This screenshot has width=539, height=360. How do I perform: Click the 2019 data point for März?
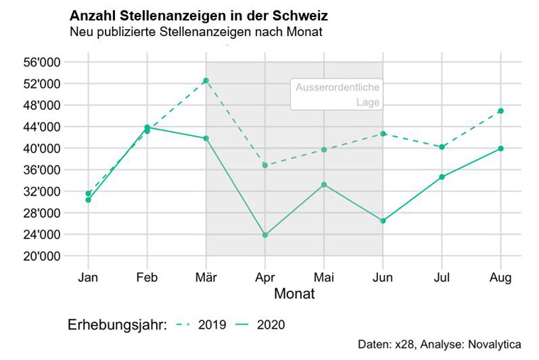[x=206, y=80]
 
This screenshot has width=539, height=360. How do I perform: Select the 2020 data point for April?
[x=265, y=235]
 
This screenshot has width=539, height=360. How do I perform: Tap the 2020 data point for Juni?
[x=383, y=221]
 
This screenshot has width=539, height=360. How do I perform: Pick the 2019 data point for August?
[x=501, y=111]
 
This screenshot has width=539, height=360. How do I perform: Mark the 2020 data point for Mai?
[x=324, y=184]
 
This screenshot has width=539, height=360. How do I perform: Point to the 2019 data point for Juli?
[x=442, y=147]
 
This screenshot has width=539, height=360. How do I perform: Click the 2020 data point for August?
[x=501, y=148]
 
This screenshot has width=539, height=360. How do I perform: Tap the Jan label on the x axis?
[x=88, y=276]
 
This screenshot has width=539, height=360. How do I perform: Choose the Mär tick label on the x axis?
[x=206, y=276]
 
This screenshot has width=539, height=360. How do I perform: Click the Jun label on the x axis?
[x=383, y=276]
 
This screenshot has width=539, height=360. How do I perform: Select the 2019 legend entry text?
[x=212, y=325]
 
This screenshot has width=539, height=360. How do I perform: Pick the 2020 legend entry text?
[x=271, y=325]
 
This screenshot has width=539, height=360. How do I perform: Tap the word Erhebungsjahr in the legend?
[x=115, y=325]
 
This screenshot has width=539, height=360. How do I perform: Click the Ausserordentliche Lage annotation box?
[x=336, y=95]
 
